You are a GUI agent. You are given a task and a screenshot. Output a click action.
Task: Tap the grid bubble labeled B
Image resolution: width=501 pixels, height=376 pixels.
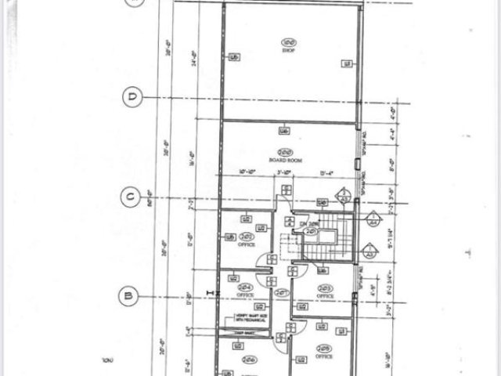tap(126, 295)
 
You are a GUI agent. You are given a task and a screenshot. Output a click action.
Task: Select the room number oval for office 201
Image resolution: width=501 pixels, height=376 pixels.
tap(247, 236)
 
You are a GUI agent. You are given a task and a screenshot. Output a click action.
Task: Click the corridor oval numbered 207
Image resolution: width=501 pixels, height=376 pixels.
tap(310, 233)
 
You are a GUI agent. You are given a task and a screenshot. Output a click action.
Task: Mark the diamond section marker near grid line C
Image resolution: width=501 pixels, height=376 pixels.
tap(343, 196)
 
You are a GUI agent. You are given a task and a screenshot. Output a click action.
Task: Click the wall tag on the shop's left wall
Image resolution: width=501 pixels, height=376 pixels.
tap(233, 56)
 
